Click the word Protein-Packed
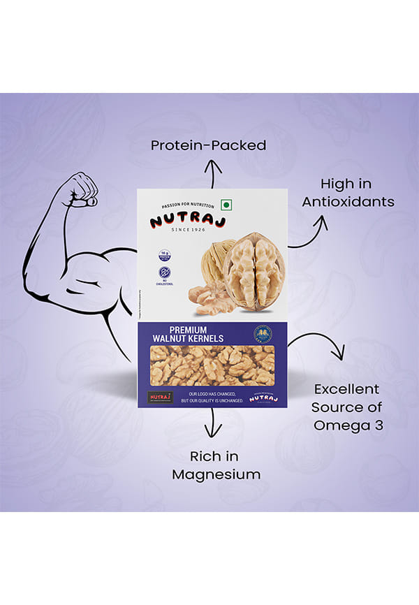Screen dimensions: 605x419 (x=209, y=145)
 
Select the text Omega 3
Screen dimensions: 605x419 (x=347, y=425)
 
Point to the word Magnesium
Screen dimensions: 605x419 (x=216, y=474)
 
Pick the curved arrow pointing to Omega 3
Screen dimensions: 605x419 (x=318, y=346)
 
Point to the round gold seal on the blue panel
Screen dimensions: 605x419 (x=266, y=334)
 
